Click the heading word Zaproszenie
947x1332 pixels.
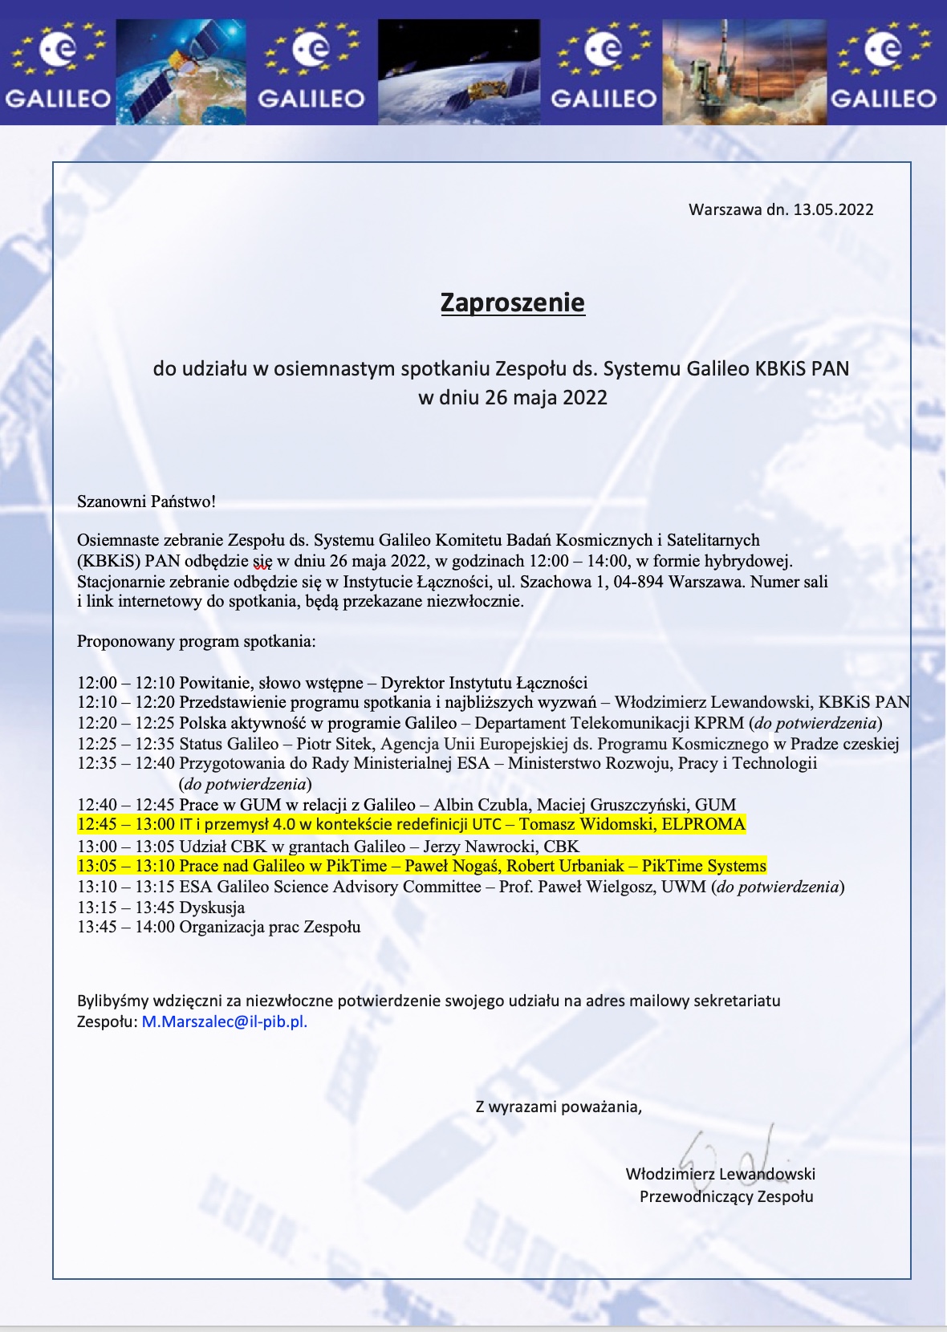(512, 303)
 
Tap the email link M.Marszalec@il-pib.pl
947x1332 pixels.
(225, 1021)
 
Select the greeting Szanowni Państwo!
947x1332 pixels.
(146, 502)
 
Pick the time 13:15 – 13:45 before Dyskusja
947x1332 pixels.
(125, 908)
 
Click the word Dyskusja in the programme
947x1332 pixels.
(212, 908)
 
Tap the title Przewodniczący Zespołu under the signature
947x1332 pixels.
(726, 1196)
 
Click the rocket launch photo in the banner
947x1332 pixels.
(744, 71)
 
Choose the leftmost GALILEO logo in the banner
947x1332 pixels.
(58, 71)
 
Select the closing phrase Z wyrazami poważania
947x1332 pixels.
(558, 1107)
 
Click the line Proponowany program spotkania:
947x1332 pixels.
(196, 641)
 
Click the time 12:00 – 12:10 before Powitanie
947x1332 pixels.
(125, 683)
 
